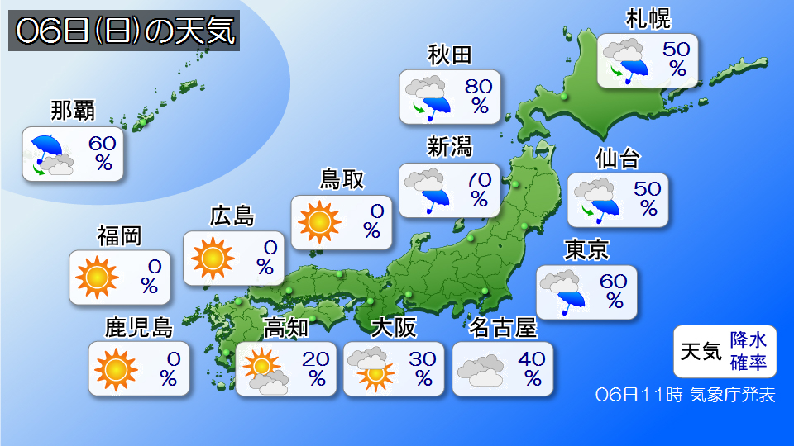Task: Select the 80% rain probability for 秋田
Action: pyautogui.click(x=479, y=96)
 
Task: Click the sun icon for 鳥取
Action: pyautogui.click(x=318, y=221)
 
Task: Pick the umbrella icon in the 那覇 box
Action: pyautogui.click(x=49, y=149)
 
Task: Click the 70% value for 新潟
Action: pyautogui.click(x=479, y=188)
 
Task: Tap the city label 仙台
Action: pyautogui.click(x=618, y=158)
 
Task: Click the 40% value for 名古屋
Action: pyautogui.click(x=532, y=368)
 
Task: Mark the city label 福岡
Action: pyautogui.click(x=119, y=237)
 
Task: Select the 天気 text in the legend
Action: pyautogui.click(x=699, y=351)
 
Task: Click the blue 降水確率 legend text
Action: pyautogui.click(x=748, y=350)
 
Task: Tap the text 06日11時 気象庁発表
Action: pyautogui.click(x=686, y=395)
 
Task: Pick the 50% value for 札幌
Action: pyautogui.click(x=677, y=59)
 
